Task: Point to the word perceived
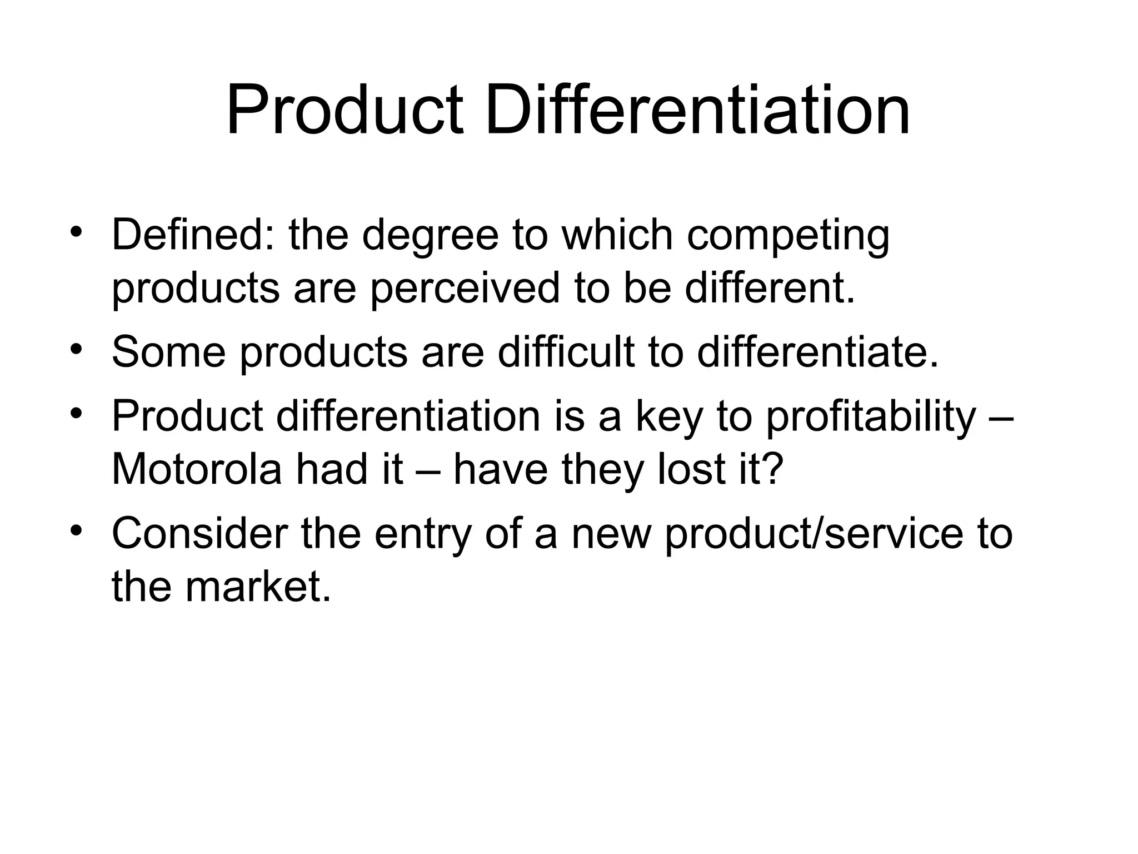[465, 289]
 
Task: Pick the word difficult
[566, 352]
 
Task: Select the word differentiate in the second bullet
[817, 352]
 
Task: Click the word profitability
[871, 417]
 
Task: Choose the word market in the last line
[258, 587]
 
